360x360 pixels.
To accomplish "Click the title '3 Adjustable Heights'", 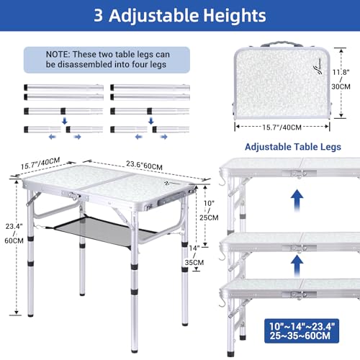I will [x=179, y=16].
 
